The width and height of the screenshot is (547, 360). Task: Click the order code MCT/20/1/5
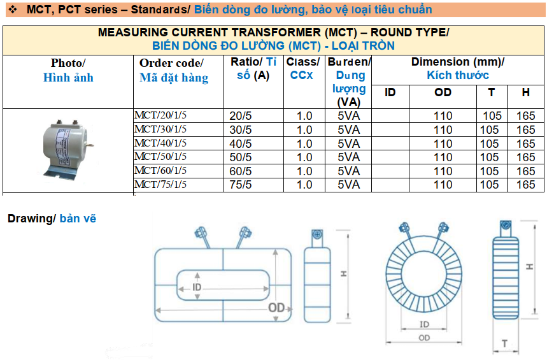[160, 115]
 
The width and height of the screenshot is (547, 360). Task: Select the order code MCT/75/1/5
[160, 184]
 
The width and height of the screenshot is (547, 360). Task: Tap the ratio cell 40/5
[240, 143]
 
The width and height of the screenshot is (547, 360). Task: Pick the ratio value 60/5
[240, 171]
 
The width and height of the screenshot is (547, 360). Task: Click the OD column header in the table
[443, 92]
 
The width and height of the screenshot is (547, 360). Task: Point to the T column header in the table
[491, 92]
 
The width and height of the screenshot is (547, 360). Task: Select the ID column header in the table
[390, 92]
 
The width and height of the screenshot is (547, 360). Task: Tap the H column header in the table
[525, 92]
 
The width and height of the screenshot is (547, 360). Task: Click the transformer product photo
[67, 150]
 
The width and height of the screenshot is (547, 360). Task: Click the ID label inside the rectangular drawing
[197, 287]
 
